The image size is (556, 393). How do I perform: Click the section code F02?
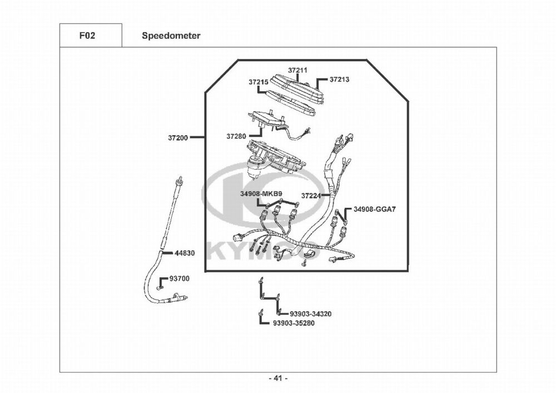click(x=87, y=36)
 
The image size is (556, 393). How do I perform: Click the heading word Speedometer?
click(x=171, y=36)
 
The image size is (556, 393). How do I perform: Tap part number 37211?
click(x=297, y=71)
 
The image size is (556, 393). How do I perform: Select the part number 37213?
click(x=339, y=79)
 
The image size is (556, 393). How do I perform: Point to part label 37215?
click(x=259, y=82)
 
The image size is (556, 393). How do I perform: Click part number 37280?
click(x=236, y=136)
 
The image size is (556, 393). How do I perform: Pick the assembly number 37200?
click(x=178, y=137)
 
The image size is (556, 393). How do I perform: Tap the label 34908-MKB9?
click(x=257, y=194)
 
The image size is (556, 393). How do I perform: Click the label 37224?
click(x=311, y=196)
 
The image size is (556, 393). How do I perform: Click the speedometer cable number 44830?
click(x=185, y=252)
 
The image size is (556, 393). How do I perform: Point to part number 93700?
click(x=179, y=278)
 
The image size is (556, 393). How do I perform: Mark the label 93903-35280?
click(x=294, y=323)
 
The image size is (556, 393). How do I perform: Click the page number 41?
click(x=278, y=379)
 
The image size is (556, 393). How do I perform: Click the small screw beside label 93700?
click(x=159, y=287)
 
